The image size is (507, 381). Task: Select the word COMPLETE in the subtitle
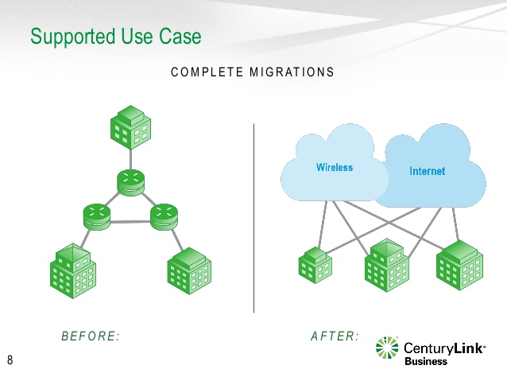[207, 72]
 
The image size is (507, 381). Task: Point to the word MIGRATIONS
[292, 72]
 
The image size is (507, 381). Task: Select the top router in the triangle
[130, 182]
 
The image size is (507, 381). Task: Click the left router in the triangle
[97, 214]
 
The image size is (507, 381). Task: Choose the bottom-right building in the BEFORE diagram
[189, 270]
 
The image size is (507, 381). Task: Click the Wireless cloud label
[335, 168]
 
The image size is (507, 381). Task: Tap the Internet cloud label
[427, 171]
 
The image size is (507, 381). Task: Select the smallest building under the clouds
[315, 264]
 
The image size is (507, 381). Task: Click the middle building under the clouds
[386, 266]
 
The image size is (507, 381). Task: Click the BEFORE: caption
[91, 336]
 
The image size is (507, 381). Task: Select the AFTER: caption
[335, 336]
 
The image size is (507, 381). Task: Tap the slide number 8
[10, 361]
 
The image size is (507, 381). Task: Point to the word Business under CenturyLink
[426, 361]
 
